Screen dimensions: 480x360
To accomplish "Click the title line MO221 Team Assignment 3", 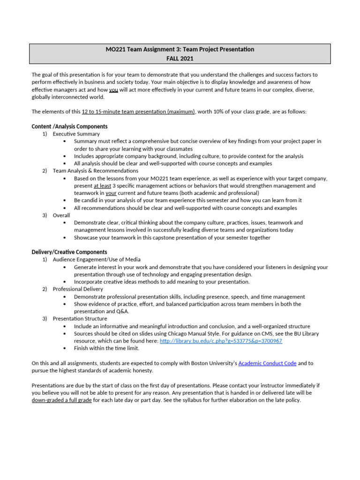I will pyautogui.click(x=180, y=49).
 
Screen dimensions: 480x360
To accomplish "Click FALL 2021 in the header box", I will pyautogui.click(x=180, y=59).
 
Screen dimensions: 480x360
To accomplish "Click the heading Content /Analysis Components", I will pyautogui.click(x=69, y=127).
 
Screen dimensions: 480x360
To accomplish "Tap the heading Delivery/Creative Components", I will pyautogui.click(x=69, y=252).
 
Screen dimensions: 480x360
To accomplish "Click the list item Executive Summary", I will pyautogui.click(x=76, y=134).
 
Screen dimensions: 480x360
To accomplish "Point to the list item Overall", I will pyautogui.click(x=61, y=215).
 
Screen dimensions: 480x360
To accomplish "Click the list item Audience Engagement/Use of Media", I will pyautogui.click(x=97, y=259).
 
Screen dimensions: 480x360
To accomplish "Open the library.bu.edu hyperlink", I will pyautogui.click(x=221, y=341).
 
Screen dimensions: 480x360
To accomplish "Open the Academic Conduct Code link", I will pyautogui.click(x=267, y=363).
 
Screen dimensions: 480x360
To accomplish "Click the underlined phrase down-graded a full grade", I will pyautogui.click(x=61, y=400).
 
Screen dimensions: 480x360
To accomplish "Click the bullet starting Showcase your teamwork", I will pyautogui.click(x=172, y=238).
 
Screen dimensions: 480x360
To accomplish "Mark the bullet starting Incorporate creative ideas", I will pyautogui.click(x=162, y=282).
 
